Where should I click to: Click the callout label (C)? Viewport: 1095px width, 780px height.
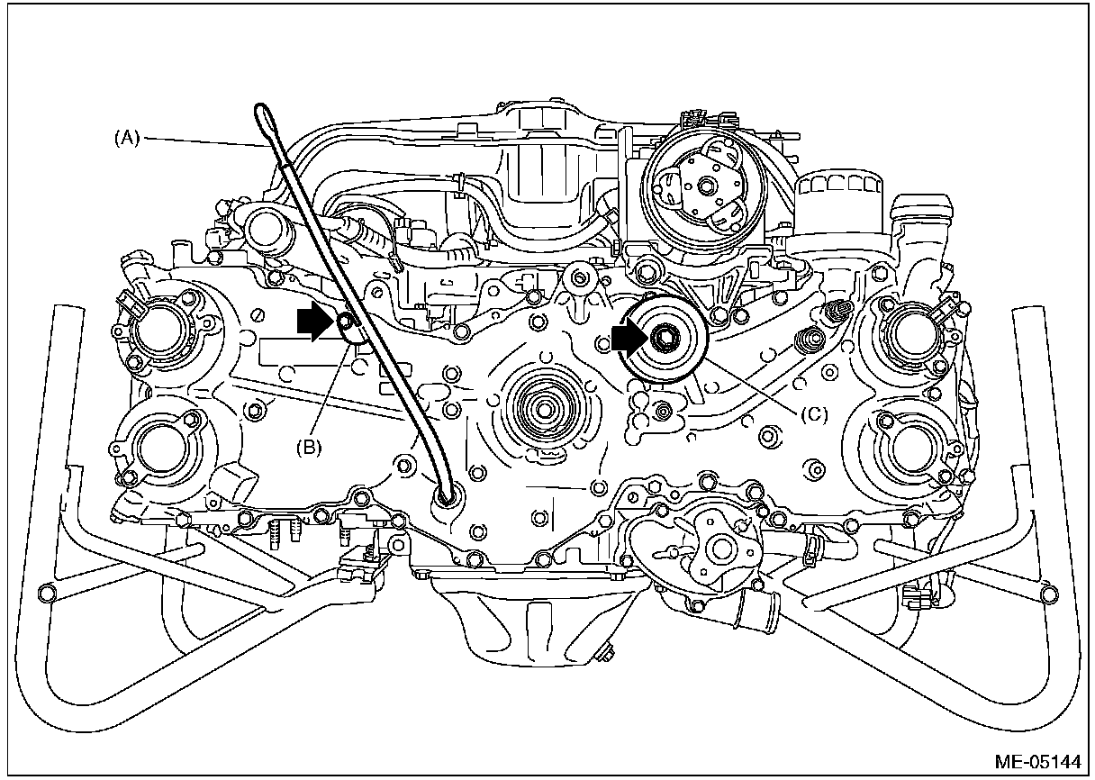813,416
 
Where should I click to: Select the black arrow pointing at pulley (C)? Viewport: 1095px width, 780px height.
627,339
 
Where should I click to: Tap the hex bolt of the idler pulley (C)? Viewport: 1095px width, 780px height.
665,339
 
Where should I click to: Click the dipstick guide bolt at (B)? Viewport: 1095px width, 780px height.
345,321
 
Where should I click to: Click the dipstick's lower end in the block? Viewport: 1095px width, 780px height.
446,494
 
